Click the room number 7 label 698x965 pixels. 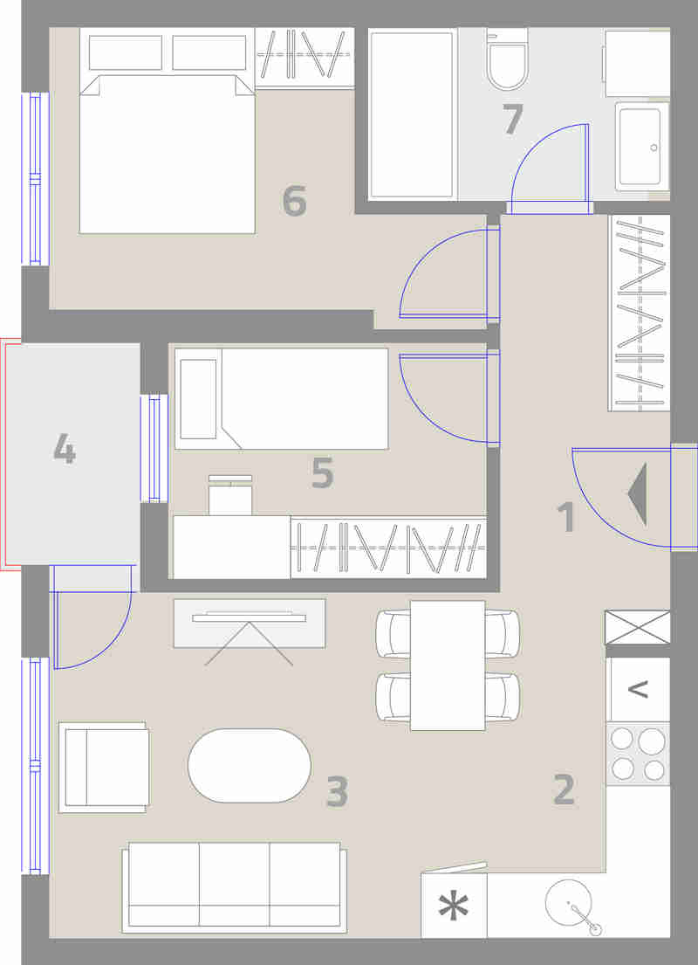(x=512, y=119)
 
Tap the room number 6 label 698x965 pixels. (x=295, y=201)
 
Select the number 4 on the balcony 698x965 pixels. (x=65, y=448)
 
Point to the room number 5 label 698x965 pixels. (x=323, y=472)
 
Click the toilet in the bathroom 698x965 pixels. (x=507, y=59)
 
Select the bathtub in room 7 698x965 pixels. (x=412, y=114)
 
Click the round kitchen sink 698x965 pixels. (x=569, y=903)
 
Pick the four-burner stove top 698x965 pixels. (x=638, y=754)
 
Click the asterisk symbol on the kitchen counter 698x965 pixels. (x=453, y=906)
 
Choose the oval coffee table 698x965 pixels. (x=249, y=766)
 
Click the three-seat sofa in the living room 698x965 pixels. (x=235, y=887)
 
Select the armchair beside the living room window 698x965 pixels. (x=104, y=767)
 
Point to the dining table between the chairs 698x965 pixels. (x=448, y=665)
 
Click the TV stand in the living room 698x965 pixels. (x=249, y=623)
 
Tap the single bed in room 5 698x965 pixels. (x=281, y=398)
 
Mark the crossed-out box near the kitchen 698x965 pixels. (x=638, y=627)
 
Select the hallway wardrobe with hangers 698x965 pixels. (x=640, y=313)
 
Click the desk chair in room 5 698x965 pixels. (x=230, y=494)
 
